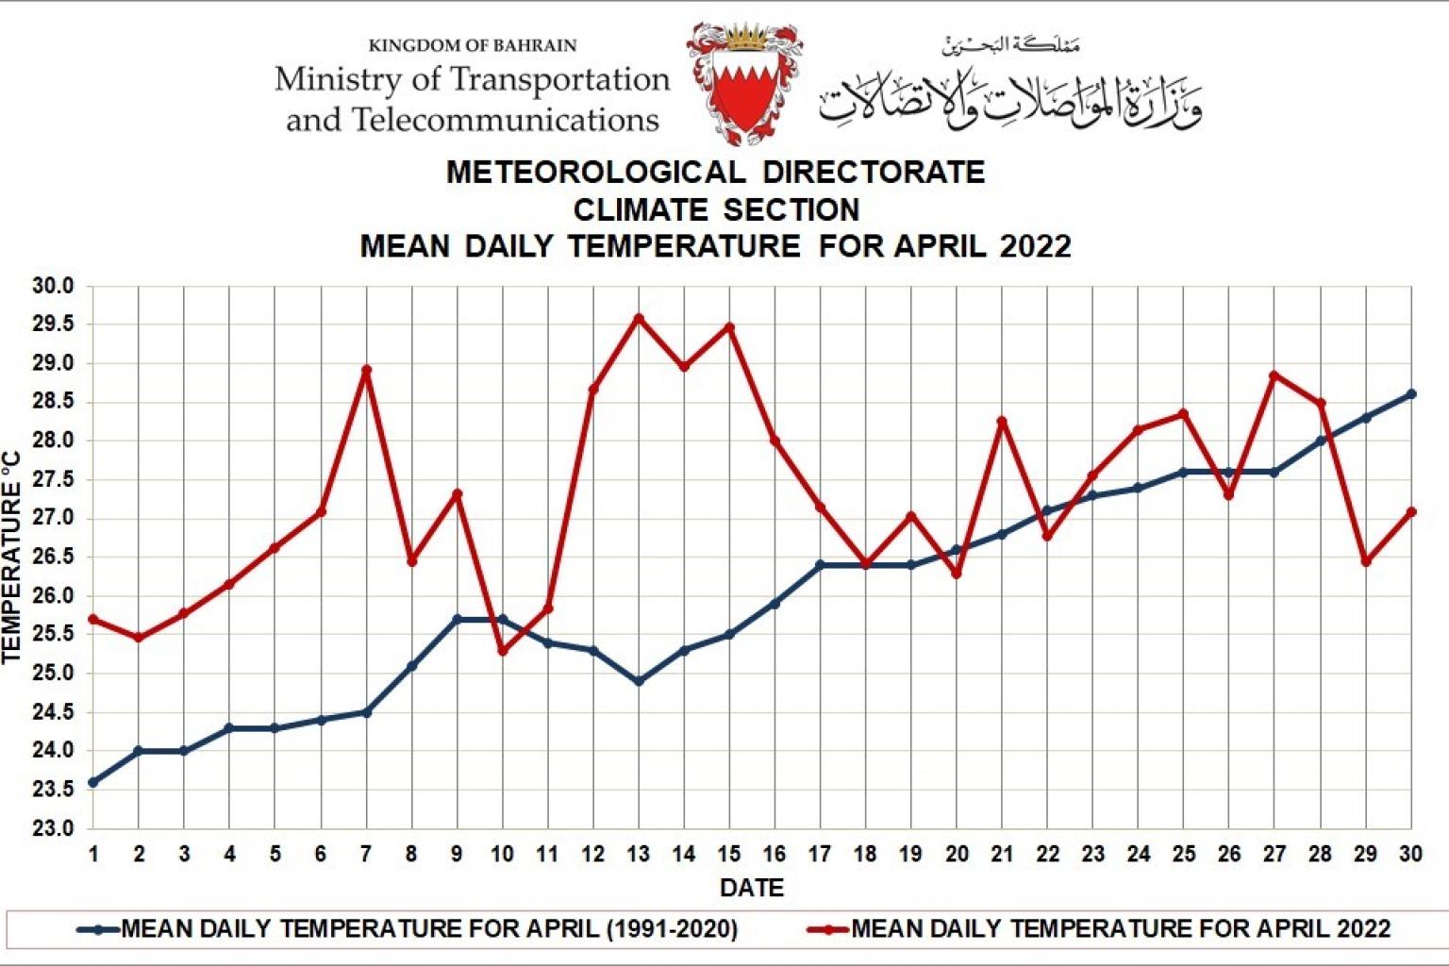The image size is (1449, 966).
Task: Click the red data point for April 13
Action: pos(639,318)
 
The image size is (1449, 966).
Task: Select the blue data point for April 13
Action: pos(639,680)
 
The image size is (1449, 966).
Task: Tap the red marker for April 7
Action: pos(366,370)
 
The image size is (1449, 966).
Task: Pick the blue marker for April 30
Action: pos(1411,394)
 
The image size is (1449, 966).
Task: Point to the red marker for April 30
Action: pos(1411,511)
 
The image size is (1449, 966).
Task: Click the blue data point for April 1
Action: pos(93,782)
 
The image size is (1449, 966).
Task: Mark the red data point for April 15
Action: pos(729,327)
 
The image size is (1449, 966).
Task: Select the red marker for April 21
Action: pos(1002,421)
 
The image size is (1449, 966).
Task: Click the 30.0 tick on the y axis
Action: pos(54,286)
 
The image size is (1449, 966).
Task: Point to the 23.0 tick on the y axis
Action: pos(54,829)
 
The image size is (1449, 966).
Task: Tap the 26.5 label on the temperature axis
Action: pos(54,558)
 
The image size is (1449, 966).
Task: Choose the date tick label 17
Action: pos(820,855)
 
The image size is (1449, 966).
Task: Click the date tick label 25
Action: pos(1183,855)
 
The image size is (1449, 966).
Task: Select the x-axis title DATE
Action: pos(752,888)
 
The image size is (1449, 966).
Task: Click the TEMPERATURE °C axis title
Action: pos(12,557)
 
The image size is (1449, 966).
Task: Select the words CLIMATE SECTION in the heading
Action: pos(716,208)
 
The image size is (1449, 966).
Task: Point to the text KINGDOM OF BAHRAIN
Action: pos(472,45)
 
